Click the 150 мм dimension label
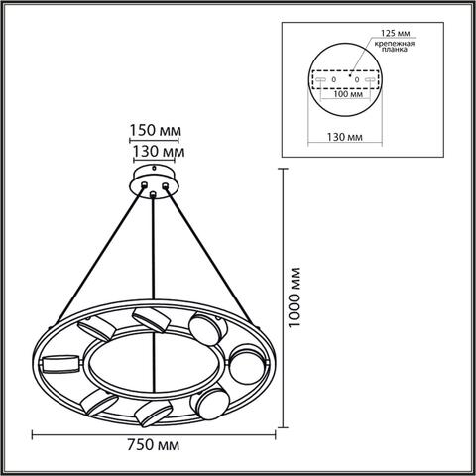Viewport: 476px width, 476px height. (x=154, y=129)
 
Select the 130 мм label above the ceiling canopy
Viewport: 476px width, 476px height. (x=154, y=152)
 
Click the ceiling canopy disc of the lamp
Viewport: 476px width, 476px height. (x=154, y=181)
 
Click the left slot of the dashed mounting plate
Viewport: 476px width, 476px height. (x=318, y=78)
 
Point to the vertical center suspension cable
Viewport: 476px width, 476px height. (x=154, y=258)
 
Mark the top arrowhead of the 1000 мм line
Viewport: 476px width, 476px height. (x=287, y=172)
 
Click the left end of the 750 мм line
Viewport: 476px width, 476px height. (x=35, y=433)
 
